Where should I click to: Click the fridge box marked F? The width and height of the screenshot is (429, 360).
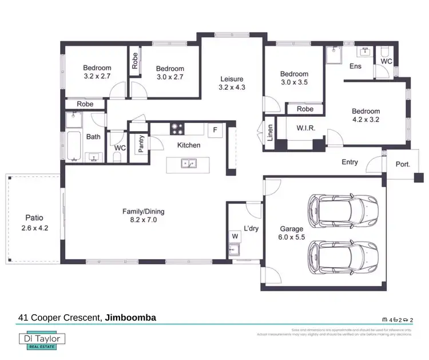pos(216,130)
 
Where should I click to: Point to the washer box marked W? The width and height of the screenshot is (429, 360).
pos(235,235)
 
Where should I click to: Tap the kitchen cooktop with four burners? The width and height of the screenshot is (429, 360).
pos(177,129)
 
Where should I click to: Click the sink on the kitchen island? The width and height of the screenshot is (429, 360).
pos(188,164)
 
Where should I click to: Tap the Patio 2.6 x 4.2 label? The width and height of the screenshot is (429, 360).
pos(34,222)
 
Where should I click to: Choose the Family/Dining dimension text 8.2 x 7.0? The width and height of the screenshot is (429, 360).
pos(140,220)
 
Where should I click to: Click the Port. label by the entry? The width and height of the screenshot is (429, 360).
pos(403,164)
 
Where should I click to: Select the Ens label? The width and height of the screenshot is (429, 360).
pos(355,66)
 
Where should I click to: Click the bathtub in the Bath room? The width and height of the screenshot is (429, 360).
pos(73,147)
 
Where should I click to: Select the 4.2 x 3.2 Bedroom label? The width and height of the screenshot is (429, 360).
pos(366,116)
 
